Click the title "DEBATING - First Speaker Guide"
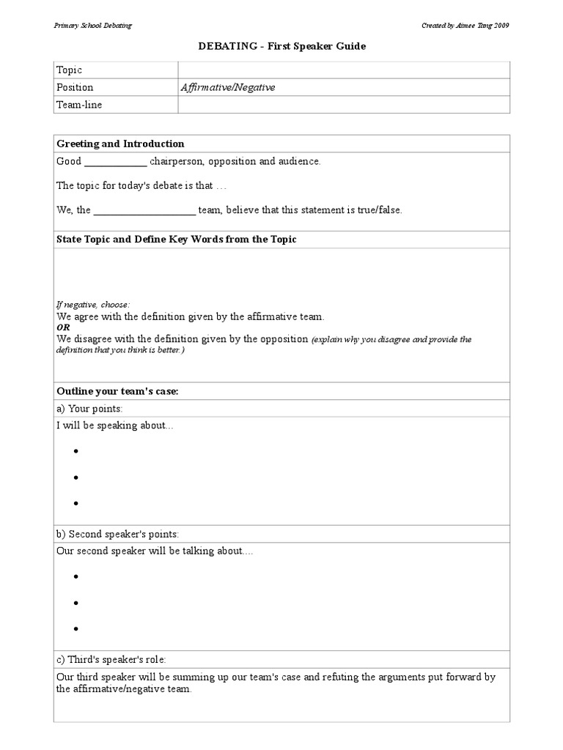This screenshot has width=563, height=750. point(281,46)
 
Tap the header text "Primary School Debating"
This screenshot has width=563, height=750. point(93,25)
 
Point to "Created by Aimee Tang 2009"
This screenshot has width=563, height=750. point(465,25)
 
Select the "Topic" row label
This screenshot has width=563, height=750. point(70,70)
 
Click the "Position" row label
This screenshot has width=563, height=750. point(76,87)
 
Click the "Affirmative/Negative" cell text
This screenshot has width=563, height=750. point(228,87)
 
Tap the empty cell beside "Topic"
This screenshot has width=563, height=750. point(343,70)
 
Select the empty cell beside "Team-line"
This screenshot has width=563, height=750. point(343,105)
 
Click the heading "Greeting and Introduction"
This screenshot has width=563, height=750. point(121,144)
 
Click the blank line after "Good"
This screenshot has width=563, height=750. point(116,163)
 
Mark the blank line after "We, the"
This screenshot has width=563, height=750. point(145,211)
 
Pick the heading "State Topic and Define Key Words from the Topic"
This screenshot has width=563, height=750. point(177,240)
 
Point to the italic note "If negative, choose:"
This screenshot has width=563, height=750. point(93,304)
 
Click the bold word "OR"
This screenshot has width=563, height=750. point(63,327)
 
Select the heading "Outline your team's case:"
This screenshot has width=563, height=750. point(118,392)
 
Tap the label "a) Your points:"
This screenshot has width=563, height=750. point(90,409)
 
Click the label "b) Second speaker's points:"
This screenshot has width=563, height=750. point(118,534)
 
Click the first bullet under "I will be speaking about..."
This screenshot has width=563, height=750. point(76,451)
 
